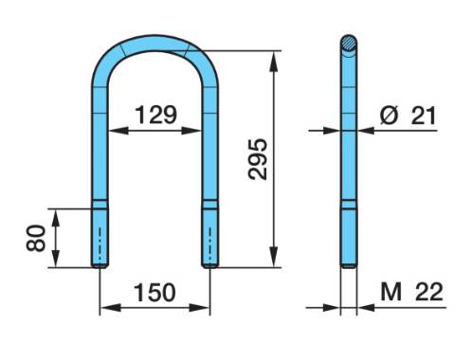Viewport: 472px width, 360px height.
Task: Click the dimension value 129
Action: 155,115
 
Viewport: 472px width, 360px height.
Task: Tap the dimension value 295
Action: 258,159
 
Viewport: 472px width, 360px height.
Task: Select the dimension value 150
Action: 154,292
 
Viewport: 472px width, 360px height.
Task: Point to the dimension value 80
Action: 36,238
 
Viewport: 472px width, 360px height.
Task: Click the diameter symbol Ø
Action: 389,115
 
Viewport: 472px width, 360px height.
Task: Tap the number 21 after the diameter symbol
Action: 424,115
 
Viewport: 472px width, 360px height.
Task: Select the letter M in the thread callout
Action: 391,292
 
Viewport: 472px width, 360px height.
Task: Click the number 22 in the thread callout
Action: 429,292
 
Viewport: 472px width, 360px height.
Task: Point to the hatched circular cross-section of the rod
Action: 349,44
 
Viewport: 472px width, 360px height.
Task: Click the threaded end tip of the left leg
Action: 100,266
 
